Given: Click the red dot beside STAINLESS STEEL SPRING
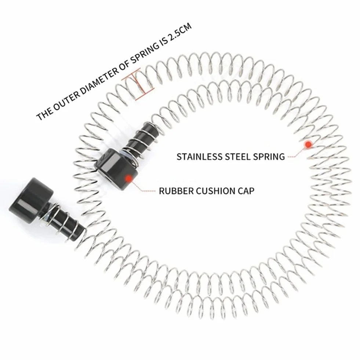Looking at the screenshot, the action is [308, 144].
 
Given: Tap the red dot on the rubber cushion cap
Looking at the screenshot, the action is [129, 178].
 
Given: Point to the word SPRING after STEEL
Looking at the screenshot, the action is [269, 157].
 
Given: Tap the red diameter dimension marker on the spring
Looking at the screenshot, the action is [138, 84].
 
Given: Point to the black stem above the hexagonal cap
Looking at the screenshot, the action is [139, 138].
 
